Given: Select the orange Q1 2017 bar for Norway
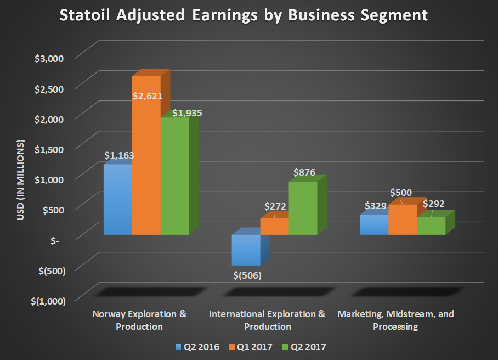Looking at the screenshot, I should click(x=146, y=165).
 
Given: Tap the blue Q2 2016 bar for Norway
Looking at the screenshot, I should click(x=118, y=200).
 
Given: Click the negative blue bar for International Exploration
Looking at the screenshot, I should click(x=246, y=250).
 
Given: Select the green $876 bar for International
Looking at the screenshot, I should click(x=303, y=209).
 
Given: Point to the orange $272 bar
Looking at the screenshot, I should click(x=274, y=227).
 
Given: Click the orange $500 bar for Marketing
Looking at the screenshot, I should click(x=403, y=220).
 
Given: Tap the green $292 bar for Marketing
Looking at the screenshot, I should click(x=431, y=226).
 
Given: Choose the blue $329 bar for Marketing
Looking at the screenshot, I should click(x=374, y=225).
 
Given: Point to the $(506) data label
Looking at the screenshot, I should click(x=246, y=275).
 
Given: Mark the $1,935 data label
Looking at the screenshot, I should click(x=188, y=114).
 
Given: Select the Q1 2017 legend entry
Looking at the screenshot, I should click(x=251, y=347).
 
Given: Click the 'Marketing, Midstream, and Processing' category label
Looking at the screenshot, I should click(x=395, y=320).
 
